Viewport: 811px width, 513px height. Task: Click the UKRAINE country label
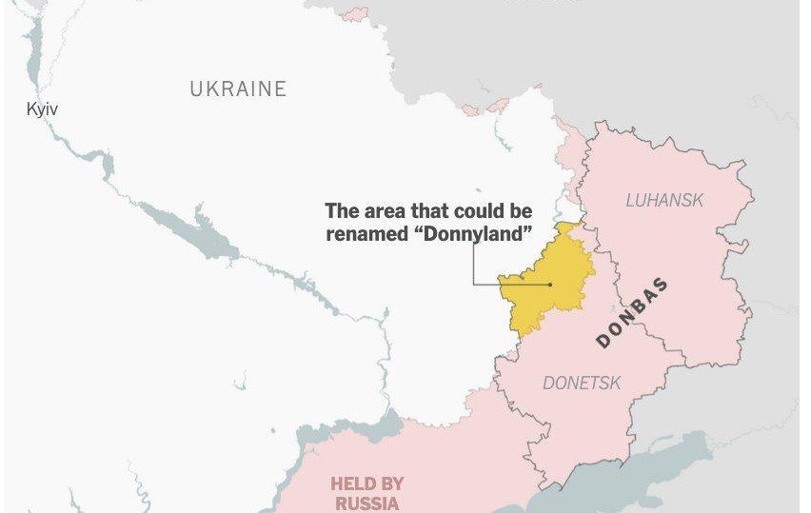coord(238,89)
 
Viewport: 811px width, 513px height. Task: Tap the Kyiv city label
coord(42,110)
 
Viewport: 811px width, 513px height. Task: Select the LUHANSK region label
coord(664,200)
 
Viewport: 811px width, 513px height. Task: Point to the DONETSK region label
coord(582,384)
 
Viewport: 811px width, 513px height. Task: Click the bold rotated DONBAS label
coord(632,313)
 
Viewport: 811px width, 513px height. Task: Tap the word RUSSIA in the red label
coord(366,503)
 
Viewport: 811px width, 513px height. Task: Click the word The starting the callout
coord(342,211)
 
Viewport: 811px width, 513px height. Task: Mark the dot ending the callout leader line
coord(550,284)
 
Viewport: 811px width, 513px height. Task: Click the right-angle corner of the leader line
coord(474,284)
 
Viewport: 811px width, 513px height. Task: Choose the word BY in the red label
coord(391,483)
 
